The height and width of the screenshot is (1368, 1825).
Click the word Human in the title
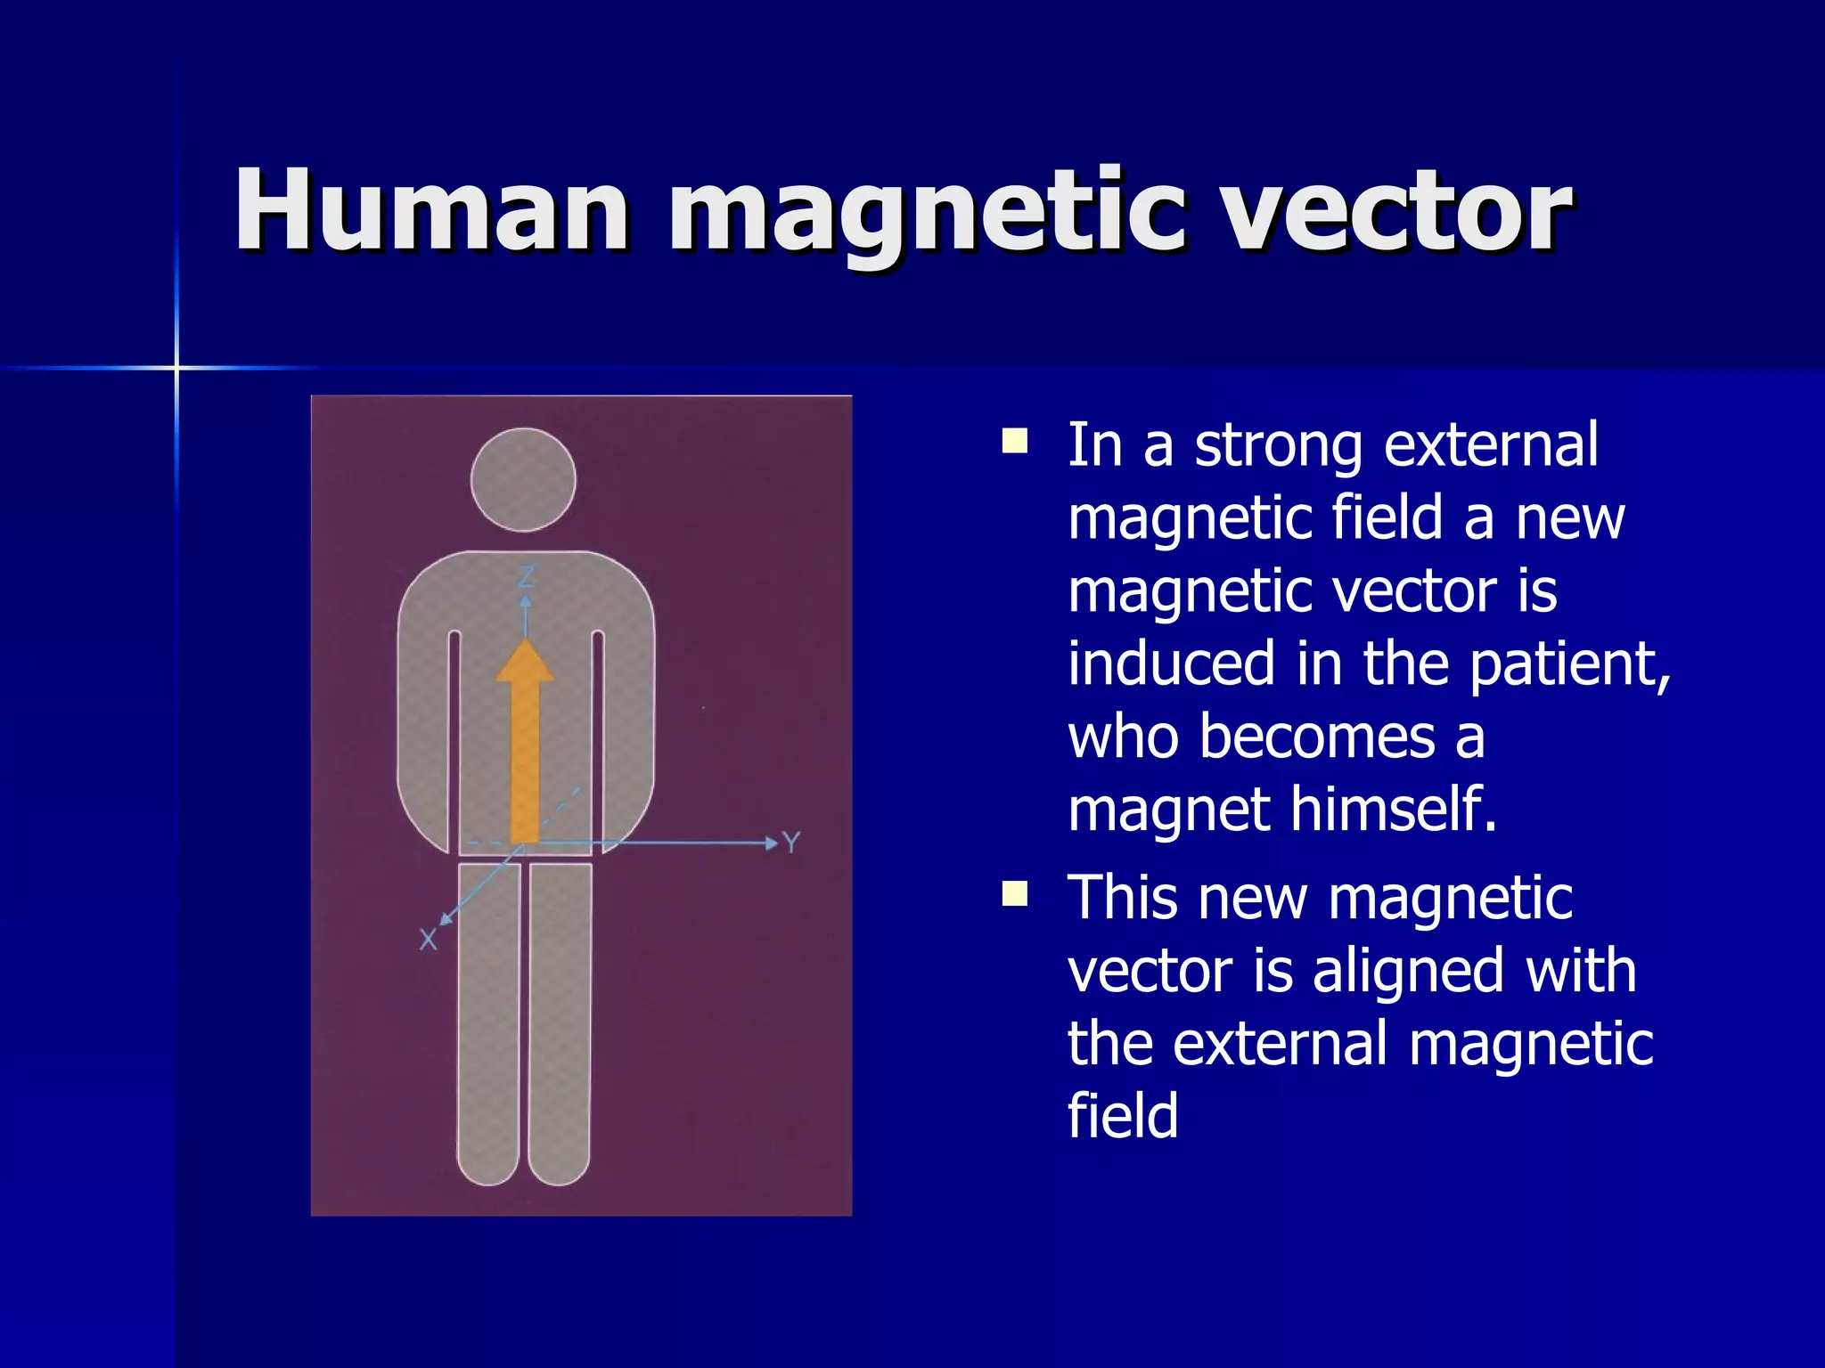click(432, 211)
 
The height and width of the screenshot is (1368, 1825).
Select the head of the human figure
click(523, 480)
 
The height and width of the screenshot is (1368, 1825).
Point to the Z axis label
click(527, 577)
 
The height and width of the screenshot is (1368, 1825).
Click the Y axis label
click(791, 843)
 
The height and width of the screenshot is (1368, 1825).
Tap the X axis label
click(429, 940)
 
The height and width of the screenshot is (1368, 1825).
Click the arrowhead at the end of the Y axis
click(771, 843)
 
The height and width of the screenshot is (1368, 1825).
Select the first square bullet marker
click(1014, 442)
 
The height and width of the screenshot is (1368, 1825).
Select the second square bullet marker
click(1014, 893)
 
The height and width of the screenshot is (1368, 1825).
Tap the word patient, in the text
click(1569, 664)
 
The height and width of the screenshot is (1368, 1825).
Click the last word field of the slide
click(1123, 1116)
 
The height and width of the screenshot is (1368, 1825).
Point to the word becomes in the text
click(1316, 737)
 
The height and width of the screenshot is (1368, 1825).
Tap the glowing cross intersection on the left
click(176, 367)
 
